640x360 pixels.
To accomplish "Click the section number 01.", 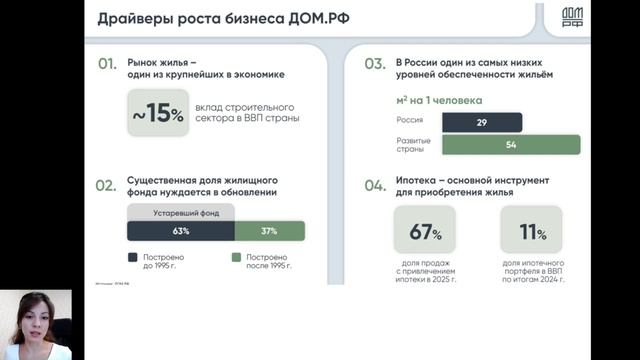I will point(108,65).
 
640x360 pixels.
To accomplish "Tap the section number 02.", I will point(108,185).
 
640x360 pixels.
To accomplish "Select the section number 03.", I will point(374,65).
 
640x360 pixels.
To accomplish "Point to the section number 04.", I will point(374,185).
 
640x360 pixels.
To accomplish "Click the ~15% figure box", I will point(158,114).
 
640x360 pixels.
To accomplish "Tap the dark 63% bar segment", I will point(180,231).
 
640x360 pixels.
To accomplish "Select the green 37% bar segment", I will point(269,231).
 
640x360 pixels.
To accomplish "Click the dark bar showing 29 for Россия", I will point(482,122).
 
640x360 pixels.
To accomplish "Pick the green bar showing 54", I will point(510,145).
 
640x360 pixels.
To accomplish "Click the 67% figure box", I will point(425,232).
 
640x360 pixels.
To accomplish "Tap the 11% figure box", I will point(531,232).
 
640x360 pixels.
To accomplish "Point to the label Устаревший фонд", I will point(180,213).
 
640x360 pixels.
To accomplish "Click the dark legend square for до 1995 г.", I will point(133,257).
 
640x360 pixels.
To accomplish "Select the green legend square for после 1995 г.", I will point(237,257).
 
